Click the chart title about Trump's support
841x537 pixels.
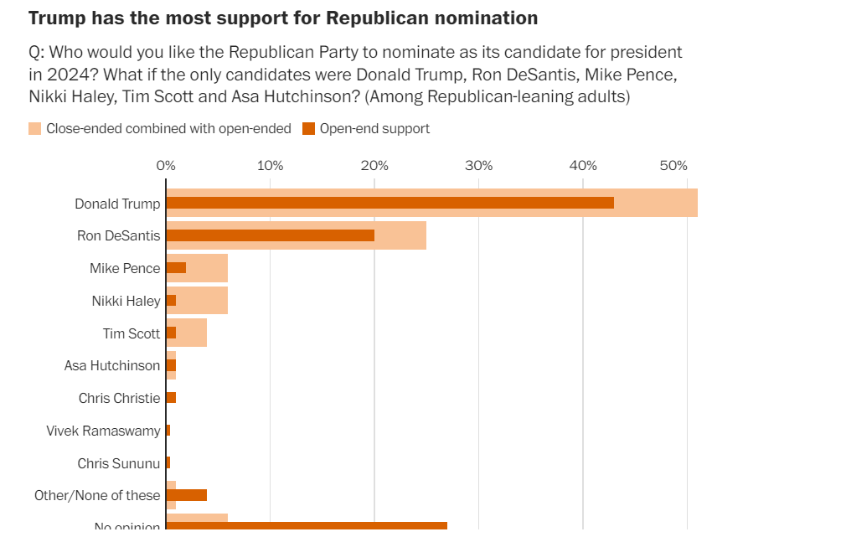[283, 18]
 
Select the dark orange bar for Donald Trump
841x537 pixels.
[390, 203]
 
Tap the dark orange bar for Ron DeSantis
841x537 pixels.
[270, 235]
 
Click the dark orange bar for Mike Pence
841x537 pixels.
[176, 268]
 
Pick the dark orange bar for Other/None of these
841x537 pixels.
[186, 495]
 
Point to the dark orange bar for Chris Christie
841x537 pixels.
[171, 398]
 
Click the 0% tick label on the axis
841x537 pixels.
[166, 165]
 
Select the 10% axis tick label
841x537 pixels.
[270, 165]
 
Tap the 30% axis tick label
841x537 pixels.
[478, 165]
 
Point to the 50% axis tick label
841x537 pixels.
[673, 165]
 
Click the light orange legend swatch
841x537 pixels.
[35, 128]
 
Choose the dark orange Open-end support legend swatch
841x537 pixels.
[308, 128]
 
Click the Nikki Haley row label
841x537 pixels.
[126, 301]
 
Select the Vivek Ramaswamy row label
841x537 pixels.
[103, 431]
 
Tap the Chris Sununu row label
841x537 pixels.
[118, 463]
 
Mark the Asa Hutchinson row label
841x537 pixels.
[112, 365]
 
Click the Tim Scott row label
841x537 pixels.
[132, 333]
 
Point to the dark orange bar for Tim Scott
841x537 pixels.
[171, 333]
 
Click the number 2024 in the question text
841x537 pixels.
[60, 75]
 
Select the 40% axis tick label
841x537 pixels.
[582, 165]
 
